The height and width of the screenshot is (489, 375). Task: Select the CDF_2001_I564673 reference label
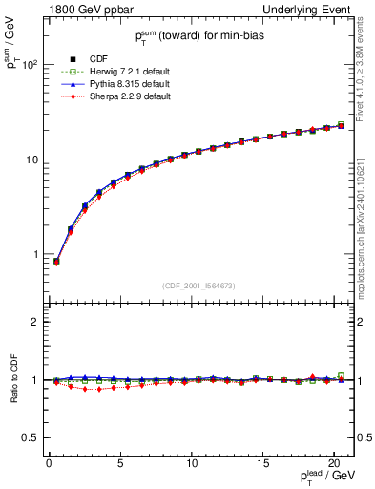tap(198, 286)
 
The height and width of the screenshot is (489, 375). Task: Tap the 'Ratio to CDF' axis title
tap(14, 380)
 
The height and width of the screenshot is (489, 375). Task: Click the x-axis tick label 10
tap(191, 462)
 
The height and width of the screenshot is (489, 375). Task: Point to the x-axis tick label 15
tap(262, 462)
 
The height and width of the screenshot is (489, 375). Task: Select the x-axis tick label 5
tap(119, 462)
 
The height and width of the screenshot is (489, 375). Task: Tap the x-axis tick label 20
tap(334, 462)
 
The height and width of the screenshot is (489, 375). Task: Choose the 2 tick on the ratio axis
tap(34, 322)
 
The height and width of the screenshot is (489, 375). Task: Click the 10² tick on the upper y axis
tap(29, 65)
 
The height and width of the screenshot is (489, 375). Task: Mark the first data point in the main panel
tap(55, 261)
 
